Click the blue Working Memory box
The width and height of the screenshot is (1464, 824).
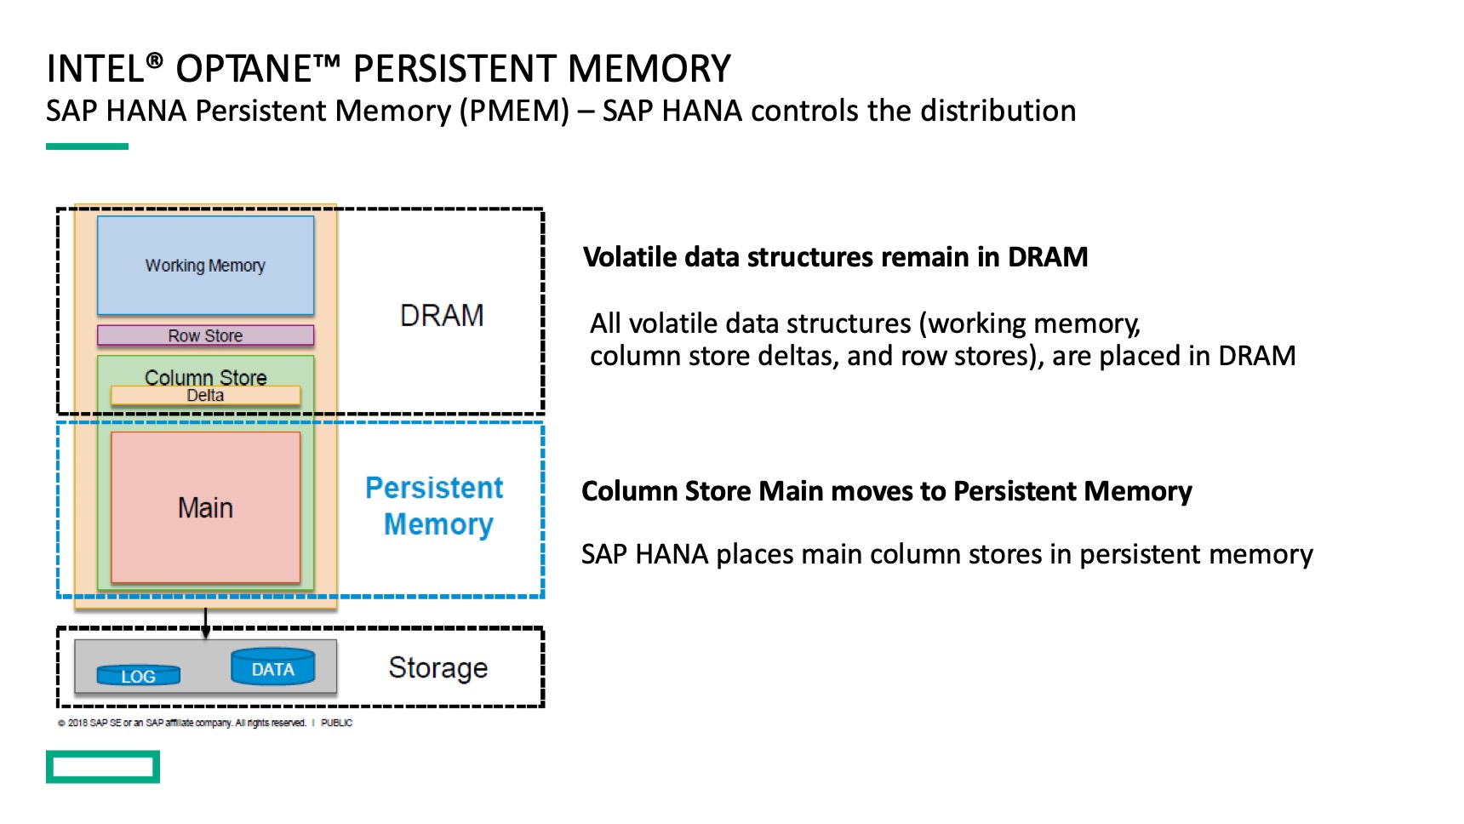[205, 266]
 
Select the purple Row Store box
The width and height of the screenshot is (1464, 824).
[205, 335]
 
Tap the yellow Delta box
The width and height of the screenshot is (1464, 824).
[205, 396]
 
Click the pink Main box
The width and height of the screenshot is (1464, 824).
[205, 508]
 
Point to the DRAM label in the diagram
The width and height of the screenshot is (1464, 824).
[442, 316]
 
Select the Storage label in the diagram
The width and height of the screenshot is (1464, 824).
[438, 668]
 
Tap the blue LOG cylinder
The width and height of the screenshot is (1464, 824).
[138, 676]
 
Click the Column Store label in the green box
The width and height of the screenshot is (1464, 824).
[205, 376]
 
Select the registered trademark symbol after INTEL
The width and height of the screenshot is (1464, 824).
[154, 60]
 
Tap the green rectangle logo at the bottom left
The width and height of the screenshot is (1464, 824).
[103, 767]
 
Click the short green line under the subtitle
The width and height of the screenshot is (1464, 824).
[87, 146]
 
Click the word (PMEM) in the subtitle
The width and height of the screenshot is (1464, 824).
[514, 112]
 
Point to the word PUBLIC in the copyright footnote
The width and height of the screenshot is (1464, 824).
[336, 723]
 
